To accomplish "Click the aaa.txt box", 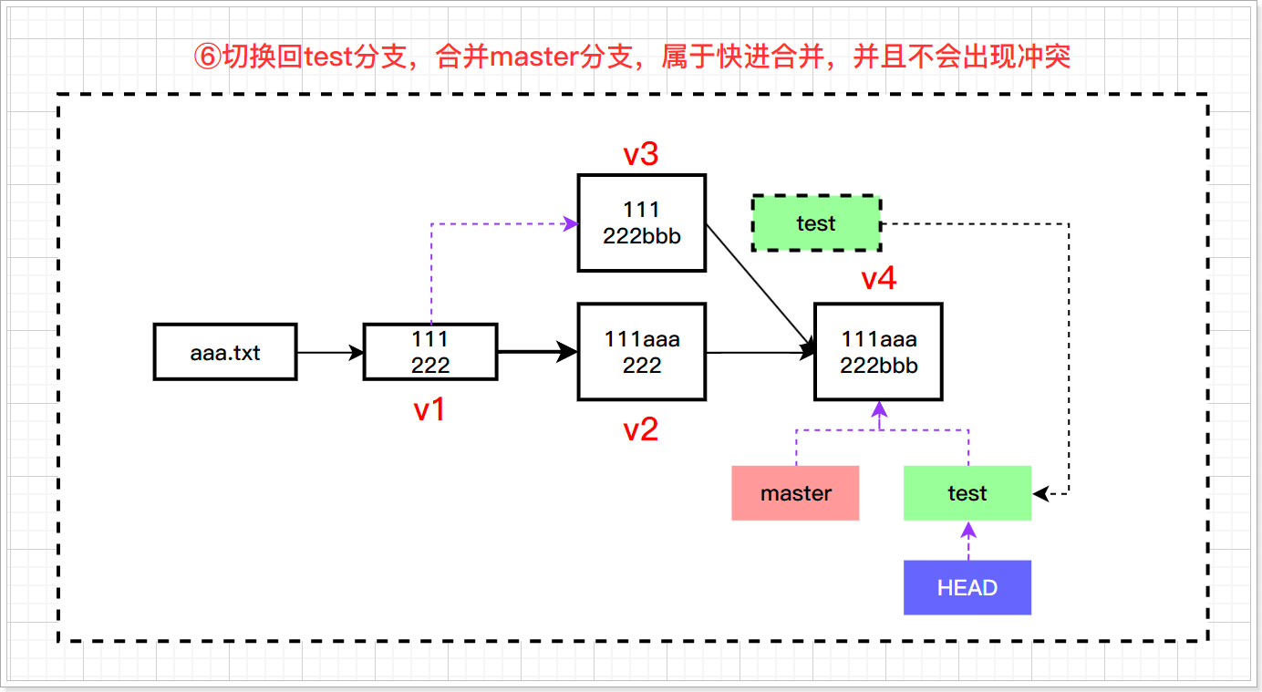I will pos(225,352).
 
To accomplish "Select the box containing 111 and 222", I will pos(429,352).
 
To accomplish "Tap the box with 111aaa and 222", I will pos(641,352).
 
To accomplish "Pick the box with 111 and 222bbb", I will pos(641,222).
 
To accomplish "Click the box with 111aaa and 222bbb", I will pos(878,352).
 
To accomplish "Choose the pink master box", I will pos(795,493).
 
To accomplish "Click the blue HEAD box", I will pos(967,588).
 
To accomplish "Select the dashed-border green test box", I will pos(815,223).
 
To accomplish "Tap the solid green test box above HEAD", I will pos(967,493).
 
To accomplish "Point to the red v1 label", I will pos(429,410).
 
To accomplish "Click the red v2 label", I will pos(641,429).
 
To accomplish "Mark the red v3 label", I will pos(641,155).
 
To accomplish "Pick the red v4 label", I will pos(878,279).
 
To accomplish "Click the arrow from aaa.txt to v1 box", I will pos(330,352).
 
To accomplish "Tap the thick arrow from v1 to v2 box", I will pos(538,352).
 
